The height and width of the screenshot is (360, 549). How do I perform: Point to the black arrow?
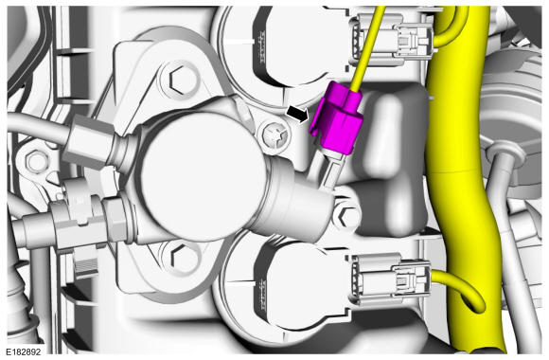[297, 115]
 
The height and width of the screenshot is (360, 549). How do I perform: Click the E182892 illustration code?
[23, 351]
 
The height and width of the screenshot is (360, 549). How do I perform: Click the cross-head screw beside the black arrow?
[276, 135]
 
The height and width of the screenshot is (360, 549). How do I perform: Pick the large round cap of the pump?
[203, 176]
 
